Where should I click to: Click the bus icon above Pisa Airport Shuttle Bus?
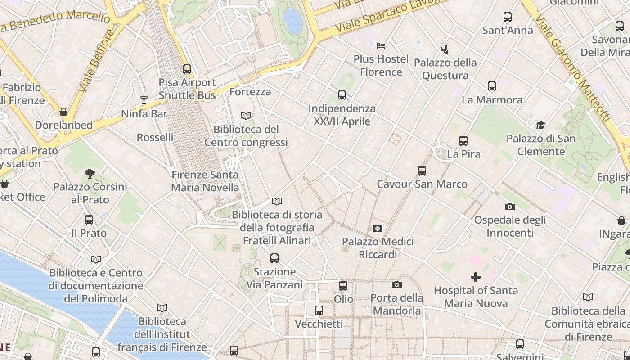(x=187, y=69)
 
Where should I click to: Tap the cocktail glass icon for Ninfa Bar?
(x=144, y=100)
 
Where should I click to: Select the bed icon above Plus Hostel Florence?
(x=381, y=45)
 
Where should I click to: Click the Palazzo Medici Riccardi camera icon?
(x=378, y=229)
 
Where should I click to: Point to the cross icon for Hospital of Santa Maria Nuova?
(x=476, y=277)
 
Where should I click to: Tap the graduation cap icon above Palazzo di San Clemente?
(x=540, y=125)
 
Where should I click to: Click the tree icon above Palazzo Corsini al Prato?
(x=90, y=173)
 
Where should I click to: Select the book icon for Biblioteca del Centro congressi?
(x=246, y=116)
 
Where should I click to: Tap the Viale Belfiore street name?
(x=96, y=61)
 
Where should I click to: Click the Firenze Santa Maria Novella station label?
(x=205, y=181)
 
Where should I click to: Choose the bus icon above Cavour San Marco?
(x=422, y=171)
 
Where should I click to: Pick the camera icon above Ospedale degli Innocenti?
(x=510, y=207)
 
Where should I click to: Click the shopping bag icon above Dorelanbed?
(x=63, y=112)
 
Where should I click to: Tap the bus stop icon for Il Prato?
(x=89, y=220)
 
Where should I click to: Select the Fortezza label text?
(x=250, y=92)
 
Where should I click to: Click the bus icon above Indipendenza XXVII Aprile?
(x=342, y=95)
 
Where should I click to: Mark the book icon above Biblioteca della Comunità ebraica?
(x=588, y=297)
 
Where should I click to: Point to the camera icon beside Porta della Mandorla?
(x=397, y=284)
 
